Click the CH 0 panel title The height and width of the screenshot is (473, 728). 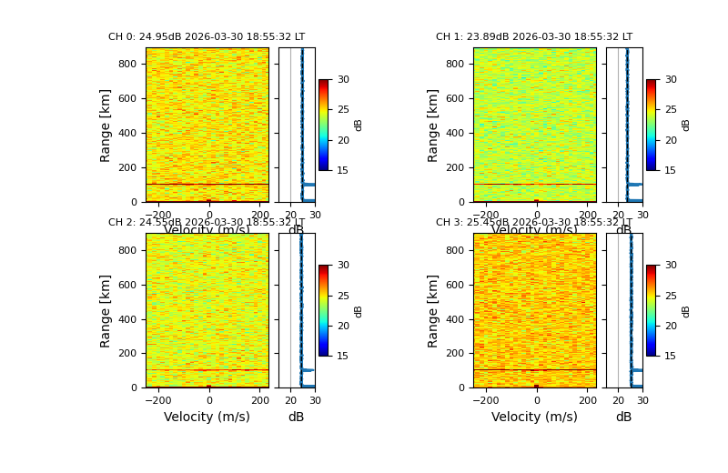pos(207,37)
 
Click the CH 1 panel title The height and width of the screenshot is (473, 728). pos(534,37)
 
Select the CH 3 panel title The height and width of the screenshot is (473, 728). pos(534,223)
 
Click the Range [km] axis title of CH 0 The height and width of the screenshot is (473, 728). pos(106,125)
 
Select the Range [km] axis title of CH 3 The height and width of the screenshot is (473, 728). pos(433,310)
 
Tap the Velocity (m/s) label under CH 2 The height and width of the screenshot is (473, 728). pos(207,417)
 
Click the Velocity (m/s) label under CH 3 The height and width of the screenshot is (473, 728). pos(534,417)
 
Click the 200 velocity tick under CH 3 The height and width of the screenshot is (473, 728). pos(587,400)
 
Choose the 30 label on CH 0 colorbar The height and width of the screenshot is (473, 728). pos(343,80)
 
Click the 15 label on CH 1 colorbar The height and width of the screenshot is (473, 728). pos(671,170)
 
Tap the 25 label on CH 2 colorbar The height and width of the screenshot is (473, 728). pos(343,296)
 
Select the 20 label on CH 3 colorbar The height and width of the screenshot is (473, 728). pos(671,326)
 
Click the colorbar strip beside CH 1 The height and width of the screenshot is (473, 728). pos(652,125)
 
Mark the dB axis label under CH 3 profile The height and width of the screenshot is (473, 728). pos(623,417)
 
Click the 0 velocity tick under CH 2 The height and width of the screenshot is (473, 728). pos(208,400)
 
